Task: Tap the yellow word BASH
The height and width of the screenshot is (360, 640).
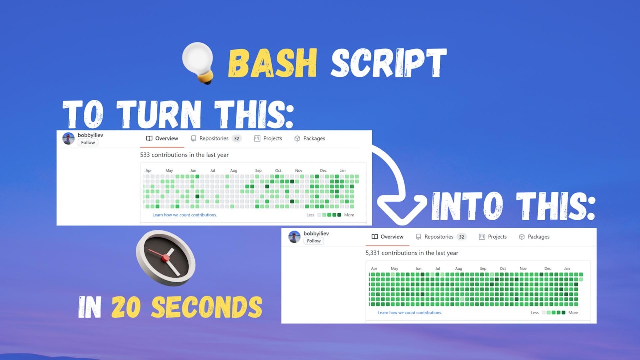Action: point(273,63)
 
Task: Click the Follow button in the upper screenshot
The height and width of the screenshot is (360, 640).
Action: point(88,143)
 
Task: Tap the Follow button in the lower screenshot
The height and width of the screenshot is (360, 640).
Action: point(314,241)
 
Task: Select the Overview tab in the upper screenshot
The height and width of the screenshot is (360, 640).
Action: point(162,139)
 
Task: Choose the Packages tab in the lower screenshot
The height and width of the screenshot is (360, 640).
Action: point(534,237)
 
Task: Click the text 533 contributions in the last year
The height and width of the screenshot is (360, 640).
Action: point(184,155)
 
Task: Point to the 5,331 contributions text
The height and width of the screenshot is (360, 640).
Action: point(412,253)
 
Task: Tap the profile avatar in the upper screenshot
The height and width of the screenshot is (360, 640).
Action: point(69,139)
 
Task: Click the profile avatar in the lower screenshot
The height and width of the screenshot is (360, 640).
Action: point(295,237)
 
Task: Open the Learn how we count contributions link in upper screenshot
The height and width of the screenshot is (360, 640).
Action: point(185,215)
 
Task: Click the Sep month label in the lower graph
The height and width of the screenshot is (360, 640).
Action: point(483,269)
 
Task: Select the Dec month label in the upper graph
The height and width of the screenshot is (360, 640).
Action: point(323,171)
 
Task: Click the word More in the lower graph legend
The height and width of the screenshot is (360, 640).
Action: point(573,313)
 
